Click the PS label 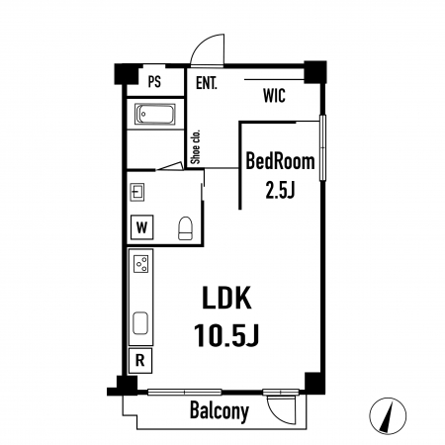point(154,81)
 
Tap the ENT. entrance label point(207,83)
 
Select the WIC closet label point(274,96)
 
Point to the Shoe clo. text point(196,146)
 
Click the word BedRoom point(280,161)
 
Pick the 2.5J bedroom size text point(280,190)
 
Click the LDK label point(226,298)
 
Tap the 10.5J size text point(226,335)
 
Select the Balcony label point(220,411)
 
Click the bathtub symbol point(154,114)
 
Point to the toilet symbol point(185,228)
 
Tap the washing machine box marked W point(141,227)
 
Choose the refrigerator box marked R point(140,361)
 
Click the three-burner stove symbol point(140,264)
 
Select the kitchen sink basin point(140,323)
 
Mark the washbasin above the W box point(137,192)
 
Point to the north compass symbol point(388,416)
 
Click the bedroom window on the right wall point(322,147)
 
